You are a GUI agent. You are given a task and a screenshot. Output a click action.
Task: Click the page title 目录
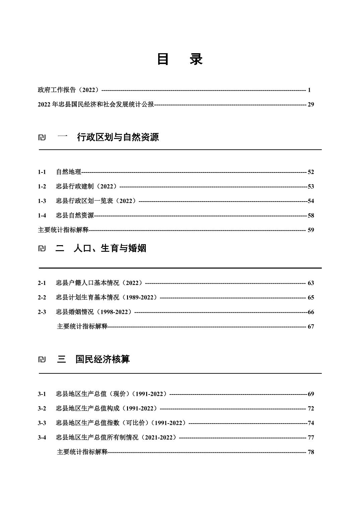coord(180,59)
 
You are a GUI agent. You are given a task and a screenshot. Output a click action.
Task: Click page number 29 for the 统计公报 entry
coord(311,104)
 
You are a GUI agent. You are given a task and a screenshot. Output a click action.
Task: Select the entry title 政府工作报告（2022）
coord(69,90)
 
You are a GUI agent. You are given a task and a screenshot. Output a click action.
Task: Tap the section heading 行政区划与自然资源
coord(118,137)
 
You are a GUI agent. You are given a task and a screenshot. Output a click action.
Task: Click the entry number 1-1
coord(42,172)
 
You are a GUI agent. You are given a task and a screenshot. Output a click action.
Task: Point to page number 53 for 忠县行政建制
coord(311,187)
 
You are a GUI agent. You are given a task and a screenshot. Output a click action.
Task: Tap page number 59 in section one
coord(311,230)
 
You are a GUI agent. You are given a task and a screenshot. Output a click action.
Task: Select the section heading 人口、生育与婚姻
coord(110,248)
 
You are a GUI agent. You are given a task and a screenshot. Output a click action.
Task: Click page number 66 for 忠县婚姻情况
coord(311,312)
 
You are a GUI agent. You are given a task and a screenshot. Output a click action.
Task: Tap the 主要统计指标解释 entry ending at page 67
coord(82,326)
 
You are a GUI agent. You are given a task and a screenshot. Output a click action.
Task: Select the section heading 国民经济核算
coord(102,359)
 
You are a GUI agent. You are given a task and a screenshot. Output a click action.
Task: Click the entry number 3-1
coord(42,394)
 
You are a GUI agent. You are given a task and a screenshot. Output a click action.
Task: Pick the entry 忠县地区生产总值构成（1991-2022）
coord(107,409)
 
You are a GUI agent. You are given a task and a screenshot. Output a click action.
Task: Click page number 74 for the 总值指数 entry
coord(311,423)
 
